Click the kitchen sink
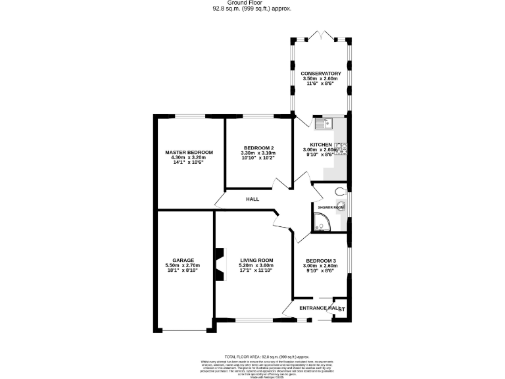coord(324,122)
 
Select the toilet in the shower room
coord(339,191)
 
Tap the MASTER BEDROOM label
coord(189,152)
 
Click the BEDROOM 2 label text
coord(258,147)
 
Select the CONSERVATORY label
coord(321,73)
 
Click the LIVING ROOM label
coord(256,260)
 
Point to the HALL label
coord(252,199)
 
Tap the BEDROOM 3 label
coord(321,261)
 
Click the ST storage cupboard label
coord(342,309)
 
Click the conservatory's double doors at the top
coord(321,34)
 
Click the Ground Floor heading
coord(252,3)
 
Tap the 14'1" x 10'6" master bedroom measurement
coord(189,163)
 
